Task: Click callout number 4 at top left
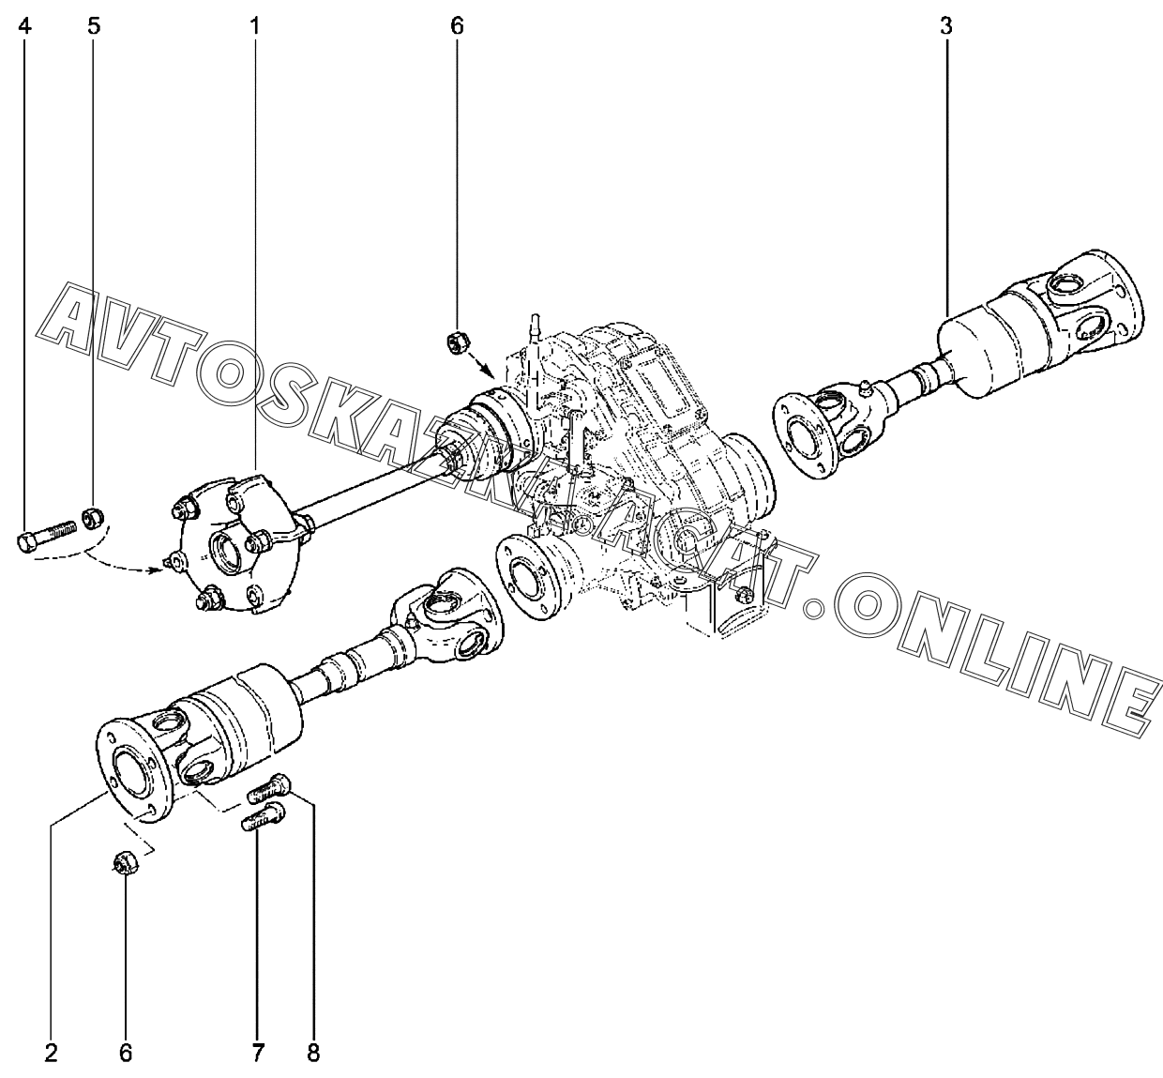(25, 25)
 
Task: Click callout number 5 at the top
(94, 25)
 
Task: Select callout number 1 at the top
(254, 25)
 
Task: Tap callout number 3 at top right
(946, 25)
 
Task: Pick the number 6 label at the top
(457, 25)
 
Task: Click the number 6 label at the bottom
(126, 1053)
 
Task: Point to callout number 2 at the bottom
(52, 1053)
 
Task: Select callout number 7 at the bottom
(257, 1053)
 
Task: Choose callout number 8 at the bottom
(313, 1053)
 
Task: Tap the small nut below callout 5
(93, 516)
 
